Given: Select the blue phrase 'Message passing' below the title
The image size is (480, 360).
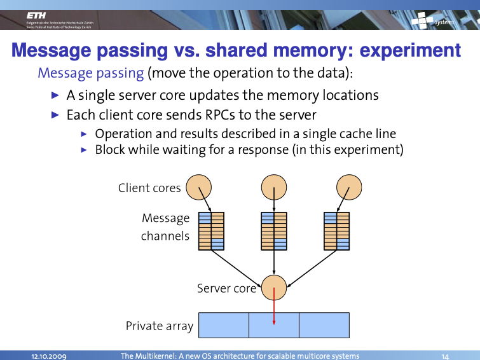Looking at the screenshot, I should tap(91, 73).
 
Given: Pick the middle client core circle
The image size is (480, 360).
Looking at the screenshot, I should tap(274, 187).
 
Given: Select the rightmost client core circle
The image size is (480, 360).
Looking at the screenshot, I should tap(349, 187).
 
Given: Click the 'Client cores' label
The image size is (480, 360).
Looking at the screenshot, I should tap(149, 188).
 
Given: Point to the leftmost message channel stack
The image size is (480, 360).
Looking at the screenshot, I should tap(211, 230).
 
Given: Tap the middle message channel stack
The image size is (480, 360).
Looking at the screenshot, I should tap(274, 230).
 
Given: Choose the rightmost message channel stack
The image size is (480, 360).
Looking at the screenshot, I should tap(337, 230).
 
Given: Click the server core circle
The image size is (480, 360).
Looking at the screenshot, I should tap(274, 288).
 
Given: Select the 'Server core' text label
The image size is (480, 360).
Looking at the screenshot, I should tap(226, 288).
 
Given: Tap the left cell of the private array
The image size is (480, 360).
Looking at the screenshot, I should tap(224, 325).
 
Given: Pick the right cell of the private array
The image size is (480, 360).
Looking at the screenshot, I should tap(324, 325).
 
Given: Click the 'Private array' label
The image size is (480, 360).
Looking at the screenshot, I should tap(160, 326).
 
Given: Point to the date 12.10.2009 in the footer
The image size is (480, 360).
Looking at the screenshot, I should tap(50, 356).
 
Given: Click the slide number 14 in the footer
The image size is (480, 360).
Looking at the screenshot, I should tap(445, 356).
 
